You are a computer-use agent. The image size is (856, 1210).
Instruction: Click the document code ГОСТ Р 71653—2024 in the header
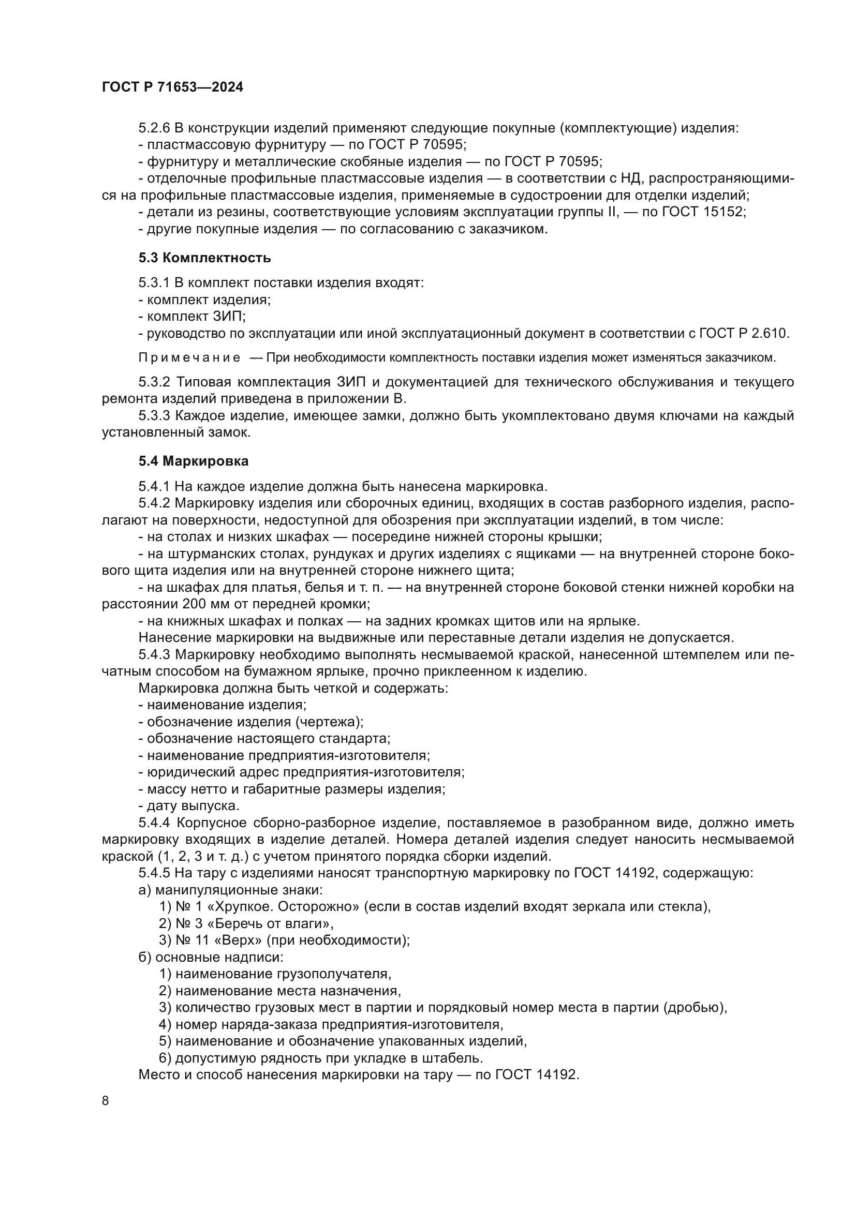coord(172,87)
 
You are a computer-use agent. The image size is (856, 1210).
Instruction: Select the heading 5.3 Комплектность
coord(204,258)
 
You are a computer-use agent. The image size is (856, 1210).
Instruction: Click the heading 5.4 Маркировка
coord(194,461)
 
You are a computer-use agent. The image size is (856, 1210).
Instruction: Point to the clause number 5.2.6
coord(154,128)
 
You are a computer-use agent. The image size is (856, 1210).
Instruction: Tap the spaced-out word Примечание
coord(189,358)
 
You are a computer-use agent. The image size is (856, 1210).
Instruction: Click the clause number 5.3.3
coord(154,416)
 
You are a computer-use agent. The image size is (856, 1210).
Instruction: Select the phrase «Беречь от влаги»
coord(269,923)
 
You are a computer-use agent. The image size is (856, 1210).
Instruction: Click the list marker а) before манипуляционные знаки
coord(145,890)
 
